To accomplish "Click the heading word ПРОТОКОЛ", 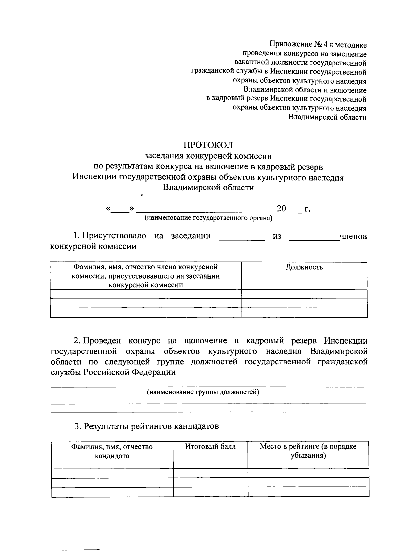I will (x=208, y=145).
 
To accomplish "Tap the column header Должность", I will (x=304, y=267).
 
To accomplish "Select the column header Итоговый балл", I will (x=210, y=446).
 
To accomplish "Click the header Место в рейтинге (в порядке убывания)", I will (x=308, y=451).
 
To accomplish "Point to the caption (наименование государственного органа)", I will (x=208, y=218).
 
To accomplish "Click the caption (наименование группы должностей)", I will (x=203, y=392).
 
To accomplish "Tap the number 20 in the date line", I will (x=281, y=209).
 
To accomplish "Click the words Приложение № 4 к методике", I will (x=318, y=44).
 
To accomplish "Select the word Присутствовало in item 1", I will (x=114, y=236).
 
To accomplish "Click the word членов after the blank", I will (x=353, y=236).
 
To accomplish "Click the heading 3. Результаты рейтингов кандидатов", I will (x=147, y=426).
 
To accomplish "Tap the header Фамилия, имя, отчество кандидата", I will (x=112, y=451).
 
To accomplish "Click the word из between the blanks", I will (x=277, y=236).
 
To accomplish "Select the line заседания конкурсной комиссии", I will (x=208, y=156).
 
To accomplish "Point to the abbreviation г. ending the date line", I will (x=307, y=209).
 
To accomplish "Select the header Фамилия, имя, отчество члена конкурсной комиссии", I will (x=146, y=276).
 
